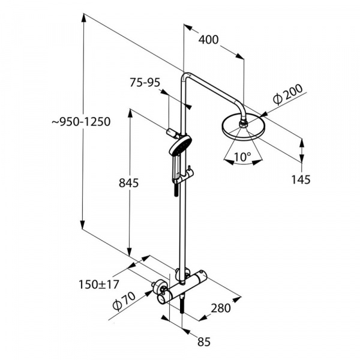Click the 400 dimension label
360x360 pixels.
208,40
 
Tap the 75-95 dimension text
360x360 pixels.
145,83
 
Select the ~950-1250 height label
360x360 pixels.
81,122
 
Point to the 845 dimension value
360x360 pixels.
129,183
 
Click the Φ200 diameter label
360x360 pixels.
287,94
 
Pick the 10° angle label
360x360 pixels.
242,157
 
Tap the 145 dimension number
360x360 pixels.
301,179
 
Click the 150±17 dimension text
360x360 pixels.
99,284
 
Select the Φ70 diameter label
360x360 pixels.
124,301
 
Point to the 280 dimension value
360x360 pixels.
221,308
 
